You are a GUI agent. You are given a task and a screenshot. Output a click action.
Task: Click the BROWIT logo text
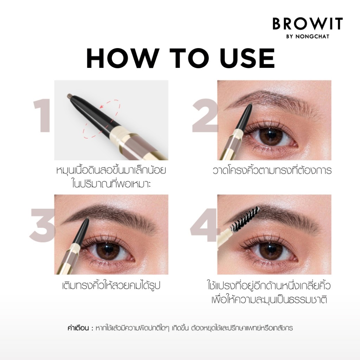[308, 24]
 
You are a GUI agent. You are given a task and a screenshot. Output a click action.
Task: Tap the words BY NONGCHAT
[308, 36]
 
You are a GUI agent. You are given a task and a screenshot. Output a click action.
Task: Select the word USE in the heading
[247, 58]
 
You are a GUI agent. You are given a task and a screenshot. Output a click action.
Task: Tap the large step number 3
[43, 225]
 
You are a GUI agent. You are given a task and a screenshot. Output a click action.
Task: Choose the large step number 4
[204, 225]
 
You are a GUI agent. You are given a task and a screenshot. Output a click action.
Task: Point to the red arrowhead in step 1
[102, 106]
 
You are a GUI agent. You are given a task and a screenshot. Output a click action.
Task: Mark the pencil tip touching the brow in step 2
[250, 105]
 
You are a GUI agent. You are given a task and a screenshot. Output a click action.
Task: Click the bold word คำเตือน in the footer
[78, 328]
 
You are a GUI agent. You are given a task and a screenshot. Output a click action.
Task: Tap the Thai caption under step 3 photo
[111, 286]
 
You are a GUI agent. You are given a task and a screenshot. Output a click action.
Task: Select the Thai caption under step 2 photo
[272, 171]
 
